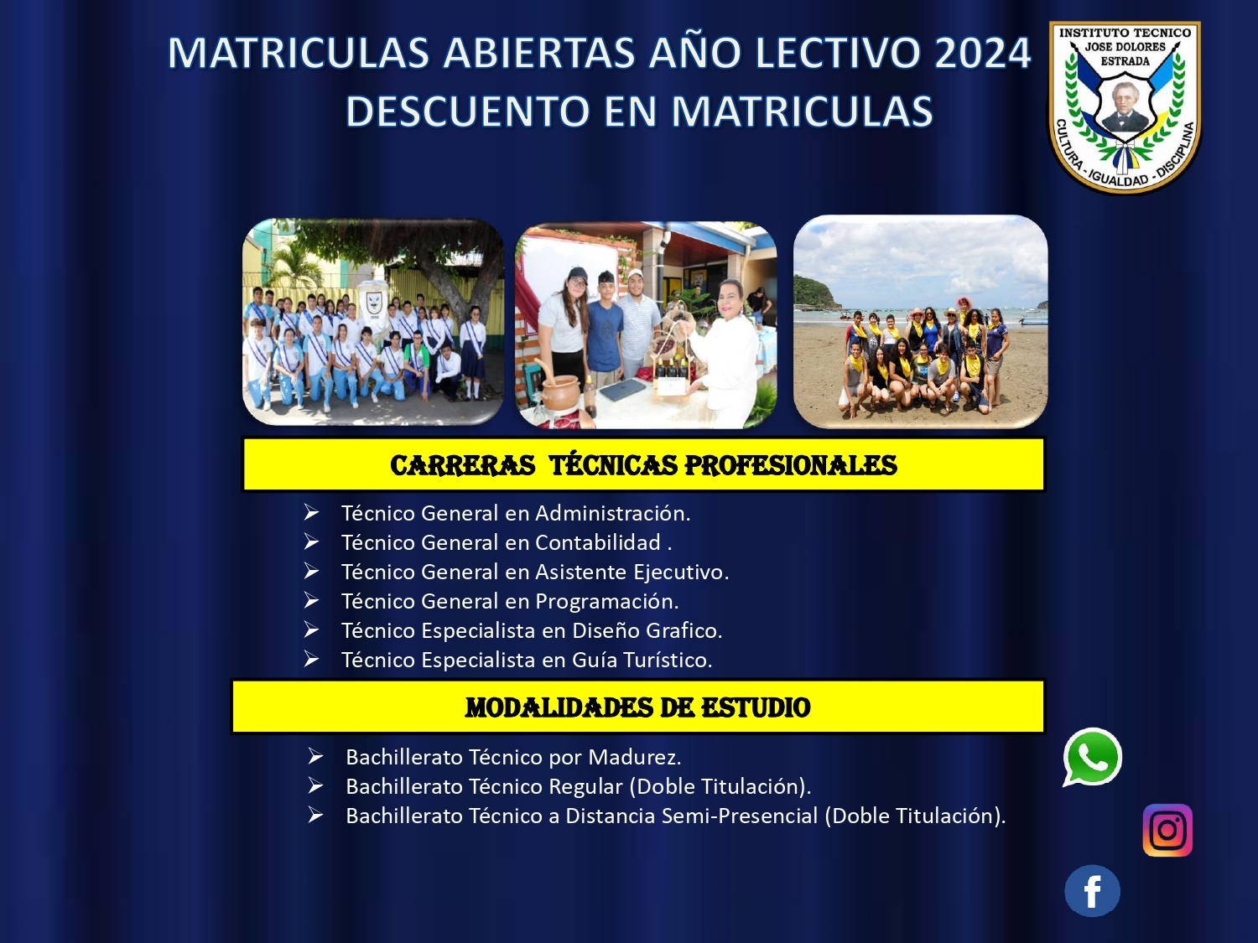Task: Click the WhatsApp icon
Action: (1093, 758)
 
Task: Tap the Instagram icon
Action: (1167, 830)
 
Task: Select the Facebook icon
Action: (1093, 891)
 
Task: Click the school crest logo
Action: (1125, 107)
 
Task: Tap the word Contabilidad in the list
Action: (598, 542)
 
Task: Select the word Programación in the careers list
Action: (607, 602)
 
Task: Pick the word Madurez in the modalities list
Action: (634, 757)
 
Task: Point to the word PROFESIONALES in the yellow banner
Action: (791, 465)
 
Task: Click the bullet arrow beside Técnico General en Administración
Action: (311, 512)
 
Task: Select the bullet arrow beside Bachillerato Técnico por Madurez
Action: (315, 756)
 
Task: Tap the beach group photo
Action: (920, 321)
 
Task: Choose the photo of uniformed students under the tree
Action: (373, 321)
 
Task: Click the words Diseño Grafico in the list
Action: (647, 630)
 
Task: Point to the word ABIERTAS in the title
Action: (539, 54)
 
